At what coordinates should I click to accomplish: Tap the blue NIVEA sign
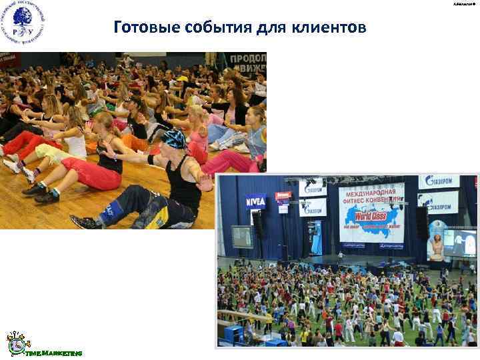pyautogui.click(x=255, y=201)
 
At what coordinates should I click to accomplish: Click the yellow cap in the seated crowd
pyautogui.click(x=181, y=79)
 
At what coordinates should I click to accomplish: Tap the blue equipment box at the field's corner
pyautogui.click(x=233, y=333)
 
